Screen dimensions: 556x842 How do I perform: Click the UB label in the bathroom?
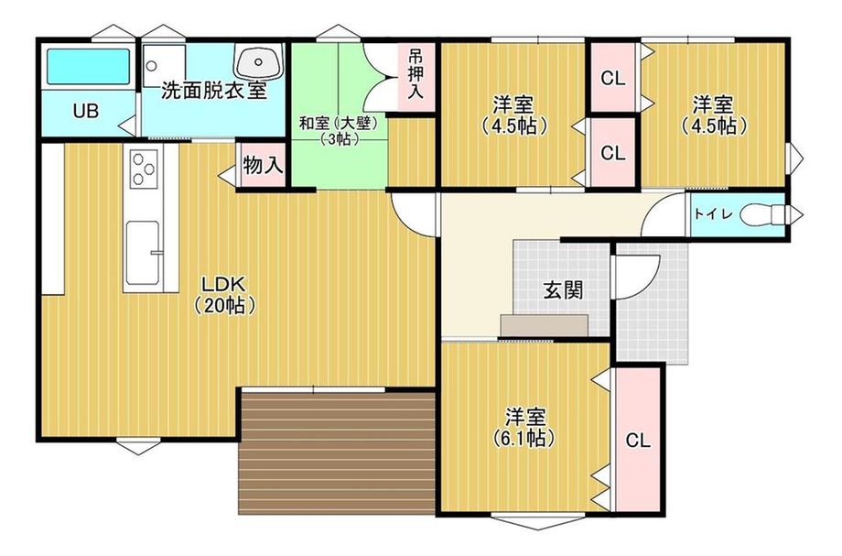pos(85,112)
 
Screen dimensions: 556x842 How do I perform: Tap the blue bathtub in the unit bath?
pos(89,67)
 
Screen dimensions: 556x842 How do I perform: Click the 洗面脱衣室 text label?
pos(214,92)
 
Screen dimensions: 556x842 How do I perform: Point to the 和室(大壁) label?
pos(339,122)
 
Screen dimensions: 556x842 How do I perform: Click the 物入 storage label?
pos(263,167)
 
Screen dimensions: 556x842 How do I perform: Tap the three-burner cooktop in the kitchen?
pos(145,169)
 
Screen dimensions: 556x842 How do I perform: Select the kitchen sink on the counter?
pos(144,252)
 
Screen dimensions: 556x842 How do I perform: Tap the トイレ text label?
pos(711,215)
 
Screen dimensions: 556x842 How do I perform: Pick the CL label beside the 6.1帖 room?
pos(638,440)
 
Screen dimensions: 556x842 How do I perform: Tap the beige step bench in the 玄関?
pos(545,325)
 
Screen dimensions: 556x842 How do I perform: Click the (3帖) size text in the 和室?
pos(339,139)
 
